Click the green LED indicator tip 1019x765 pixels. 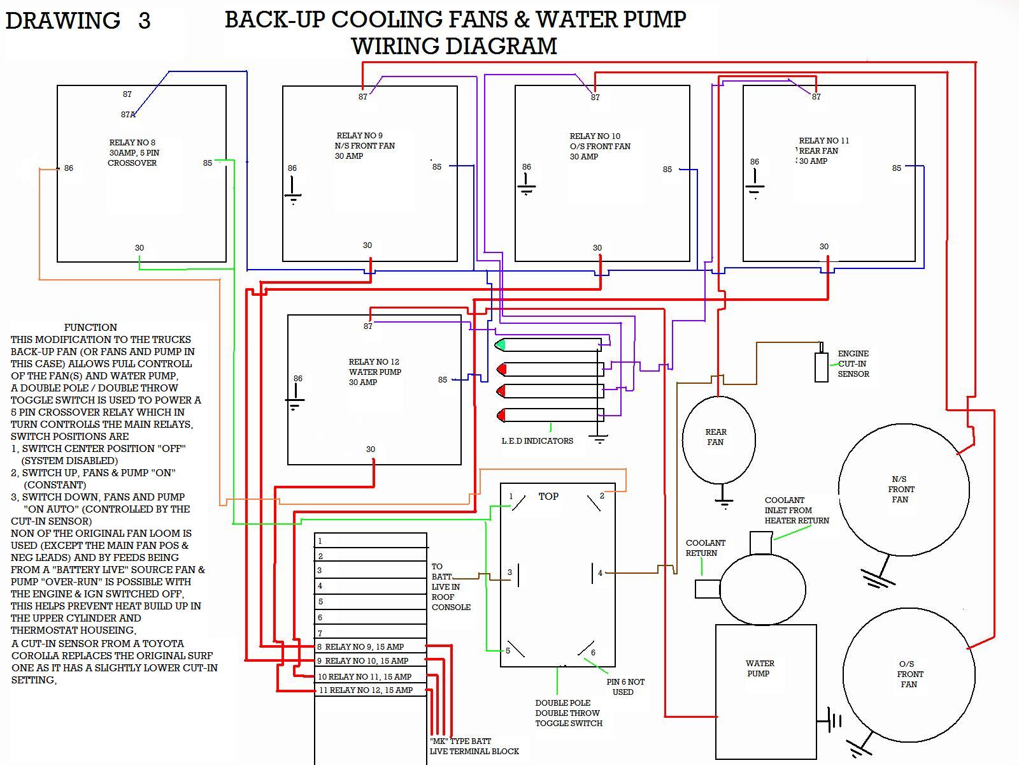(x=501, y=345)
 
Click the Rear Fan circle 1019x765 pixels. (x=718, y=439)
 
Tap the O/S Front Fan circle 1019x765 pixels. (x=909, y=674)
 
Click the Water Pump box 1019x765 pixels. (x=766, y=691)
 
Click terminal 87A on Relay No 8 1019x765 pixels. (x=128, y=115)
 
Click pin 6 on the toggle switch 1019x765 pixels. (x=593, y=652)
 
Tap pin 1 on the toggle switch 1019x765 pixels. (x=511, y=496)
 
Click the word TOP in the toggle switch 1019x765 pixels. (x=548, y=496)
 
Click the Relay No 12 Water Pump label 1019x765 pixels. (x=374, y=372)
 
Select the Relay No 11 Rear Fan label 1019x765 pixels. (x=823, y=150)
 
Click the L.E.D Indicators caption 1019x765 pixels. (x=537, y=441)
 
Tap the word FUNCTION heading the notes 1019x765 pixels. (x=90, y=327)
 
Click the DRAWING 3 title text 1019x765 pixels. (x=78, y=20)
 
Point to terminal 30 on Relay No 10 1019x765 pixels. (x=597, y=248)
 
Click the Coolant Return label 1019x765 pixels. (x=705, y=548)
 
